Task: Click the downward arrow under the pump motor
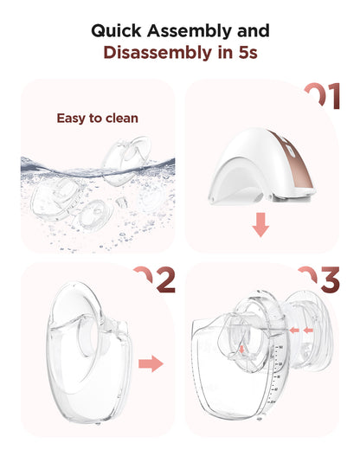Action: tap(260, 227)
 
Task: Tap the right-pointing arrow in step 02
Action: tap(152, 363)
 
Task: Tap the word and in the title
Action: tap(250, 30)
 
